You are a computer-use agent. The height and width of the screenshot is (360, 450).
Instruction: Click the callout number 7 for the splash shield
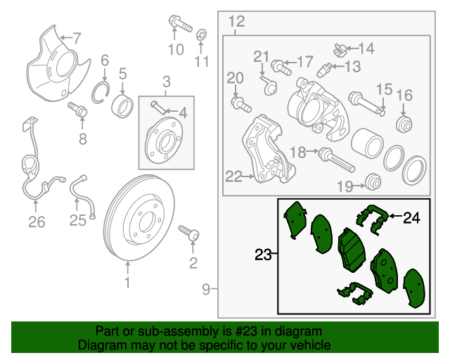77,37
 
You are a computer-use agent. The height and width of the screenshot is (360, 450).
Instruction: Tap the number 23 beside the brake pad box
262,255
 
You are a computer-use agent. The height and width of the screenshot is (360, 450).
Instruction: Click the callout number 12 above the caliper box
236,20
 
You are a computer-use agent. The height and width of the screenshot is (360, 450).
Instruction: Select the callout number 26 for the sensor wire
37,223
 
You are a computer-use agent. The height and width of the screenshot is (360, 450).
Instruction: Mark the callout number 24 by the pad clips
411,218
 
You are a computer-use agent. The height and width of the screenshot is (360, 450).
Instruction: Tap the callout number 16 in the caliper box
404,96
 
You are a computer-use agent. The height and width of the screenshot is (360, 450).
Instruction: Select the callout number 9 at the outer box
206,288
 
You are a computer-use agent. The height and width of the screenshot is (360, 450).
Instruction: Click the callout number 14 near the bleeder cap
367,49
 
